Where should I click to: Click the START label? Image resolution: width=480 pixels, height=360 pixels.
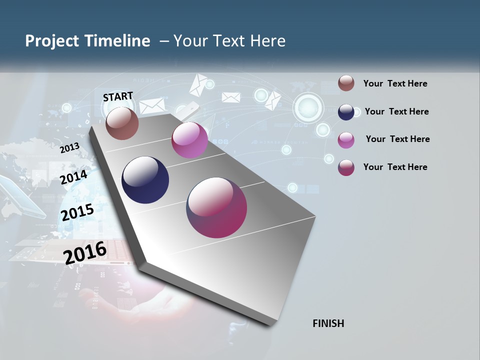[118, 96]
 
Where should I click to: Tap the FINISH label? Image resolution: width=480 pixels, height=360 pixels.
[328, 323]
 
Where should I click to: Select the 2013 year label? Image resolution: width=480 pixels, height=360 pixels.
[69, 148]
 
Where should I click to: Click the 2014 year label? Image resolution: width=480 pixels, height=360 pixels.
[74, 177]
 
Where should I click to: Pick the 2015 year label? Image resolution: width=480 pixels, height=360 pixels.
[77, 212]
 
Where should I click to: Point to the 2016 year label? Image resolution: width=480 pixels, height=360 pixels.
[85, 252]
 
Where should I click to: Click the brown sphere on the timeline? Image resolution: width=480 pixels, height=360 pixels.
[122, 123]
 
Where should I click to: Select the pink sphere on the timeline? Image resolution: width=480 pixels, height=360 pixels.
[189, 140]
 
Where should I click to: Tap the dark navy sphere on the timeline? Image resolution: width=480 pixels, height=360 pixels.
[145, 180]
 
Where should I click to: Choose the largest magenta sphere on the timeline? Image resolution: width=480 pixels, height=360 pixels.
[216, 207]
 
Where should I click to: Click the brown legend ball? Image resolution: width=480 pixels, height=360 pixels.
[346, 83]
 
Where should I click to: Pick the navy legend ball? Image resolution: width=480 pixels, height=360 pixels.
[346, 112]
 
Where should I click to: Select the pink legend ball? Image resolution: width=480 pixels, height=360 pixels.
[346, 140]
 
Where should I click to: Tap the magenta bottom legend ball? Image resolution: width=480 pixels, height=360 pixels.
[346, 167]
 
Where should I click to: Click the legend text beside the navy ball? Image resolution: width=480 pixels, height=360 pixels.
[396, 111]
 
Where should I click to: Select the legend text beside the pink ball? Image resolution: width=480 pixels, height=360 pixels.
[397, 139]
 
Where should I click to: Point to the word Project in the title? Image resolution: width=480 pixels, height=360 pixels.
[52, 41]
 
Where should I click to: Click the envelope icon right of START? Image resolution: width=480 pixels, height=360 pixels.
[152, 106]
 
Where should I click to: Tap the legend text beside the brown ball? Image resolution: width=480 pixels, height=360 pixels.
[395, 83]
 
